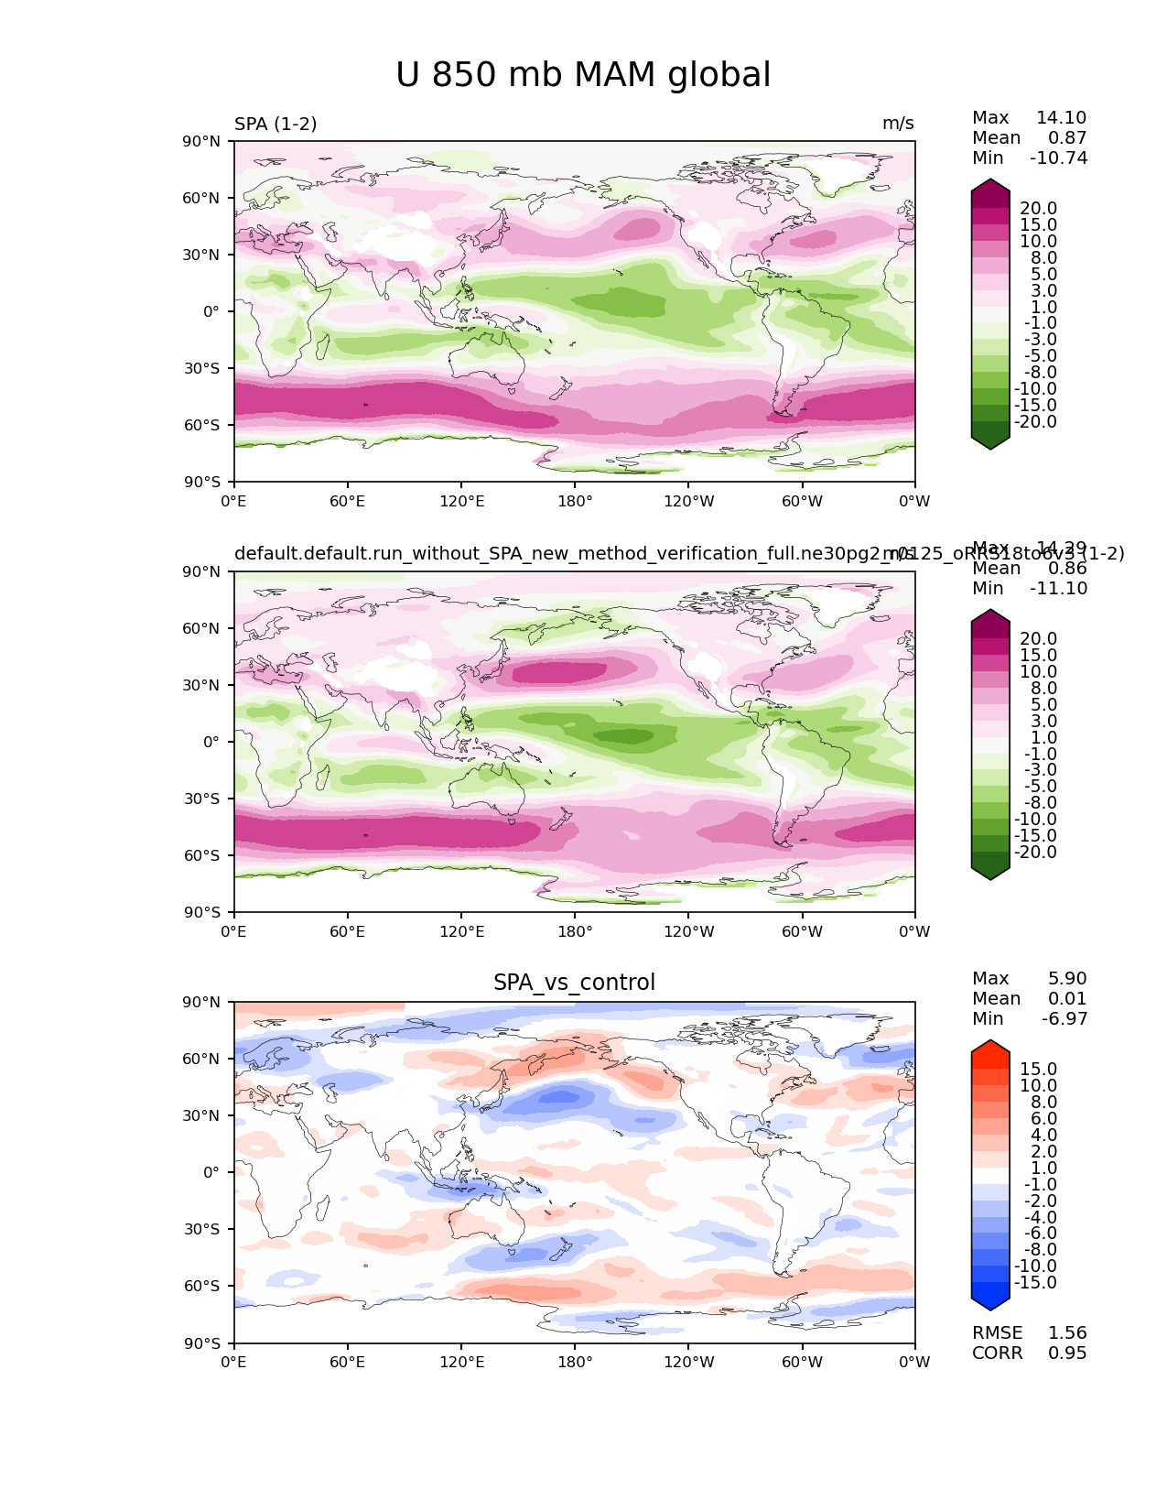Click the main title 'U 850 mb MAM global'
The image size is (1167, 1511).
583,75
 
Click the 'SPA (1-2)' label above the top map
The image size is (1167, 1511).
276,124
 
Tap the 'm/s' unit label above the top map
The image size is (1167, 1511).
898,124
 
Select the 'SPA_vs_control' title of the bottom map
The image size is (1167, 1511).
574,983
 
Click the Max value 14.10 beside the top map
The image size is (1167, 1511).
1061,118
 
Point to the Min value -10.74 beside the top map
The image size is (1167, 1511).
1058,158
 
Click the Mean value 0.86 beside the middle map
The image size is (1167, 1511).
1067,569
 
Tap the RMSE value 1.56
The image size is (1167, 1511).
1067,1333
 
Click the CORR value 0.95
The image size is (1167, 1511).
1067,1353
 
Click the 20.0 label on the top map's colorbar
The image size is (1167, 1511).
1038,209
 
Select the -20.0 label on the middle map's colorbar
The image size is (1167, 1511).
1035,853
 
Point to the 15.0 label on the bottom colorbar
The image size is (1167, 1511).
1038,1070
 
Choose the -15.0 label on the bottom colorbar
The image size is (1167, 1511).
1035,1283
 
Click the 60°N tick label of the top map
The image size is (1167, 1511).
204,198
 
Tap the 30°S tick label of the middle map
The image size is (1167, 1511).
204,799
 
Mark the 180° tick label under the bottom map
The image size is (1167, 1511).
575,1363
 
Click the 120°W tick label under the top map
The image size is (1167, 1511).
688,502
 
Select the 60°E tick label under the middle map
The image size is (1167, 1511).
348,932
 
